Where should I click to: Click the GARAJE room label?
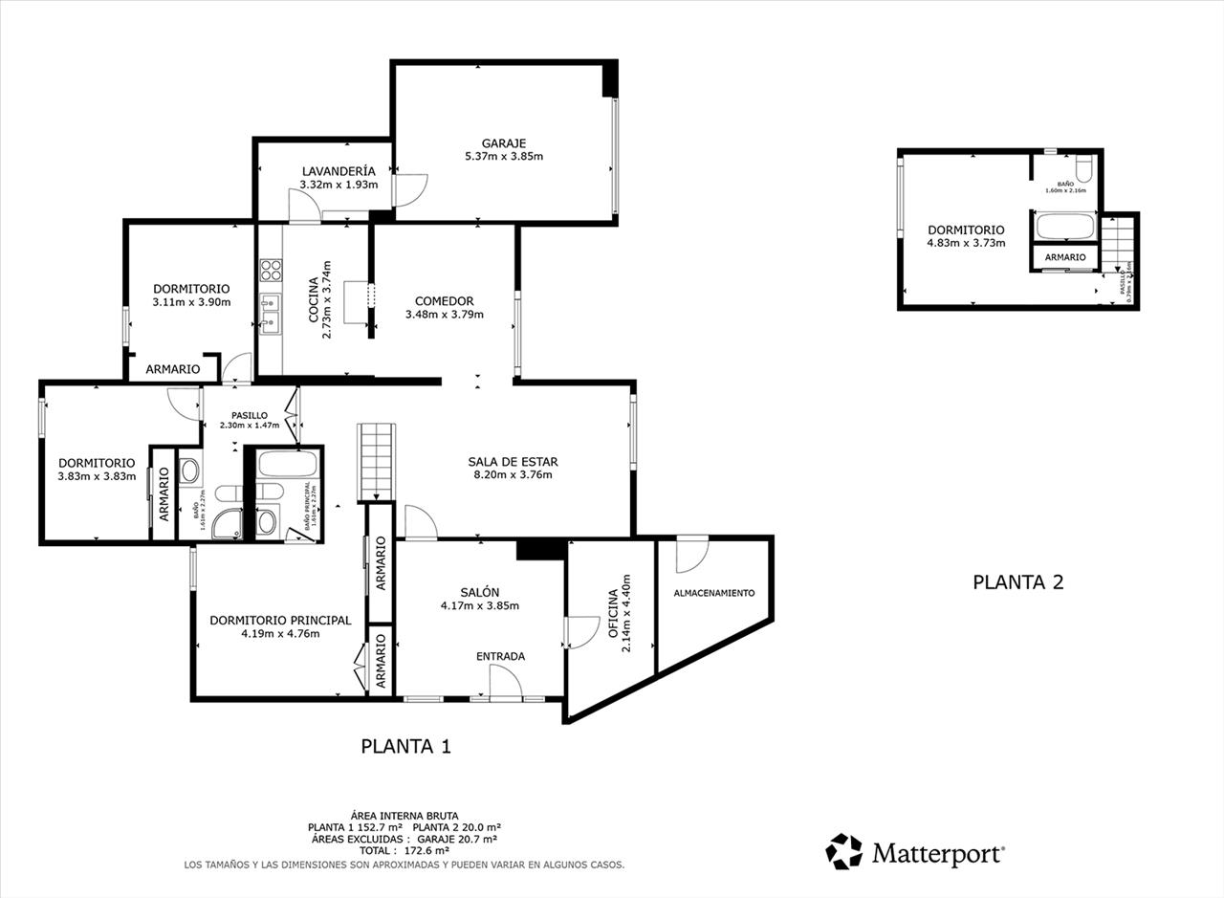pos(503,143)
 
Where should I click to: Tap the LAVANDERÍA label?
pos(339,171)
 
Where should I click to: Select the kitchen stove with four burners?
pos(271,270)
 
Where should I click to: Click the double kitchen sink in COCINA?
pos(271,315)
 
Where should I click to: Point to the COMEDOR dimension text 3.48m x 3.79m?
pos(444,315)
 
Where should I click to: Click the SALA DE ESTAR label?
pos(513,462)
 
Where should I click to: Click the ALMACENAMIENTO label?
pos(713,593)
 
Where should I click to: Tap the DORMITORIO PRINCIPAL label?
pos(280,620)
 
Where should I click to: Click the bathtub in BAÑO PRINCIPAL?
pos(287,464)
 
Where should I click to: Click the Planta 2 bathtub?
pos(1064,227)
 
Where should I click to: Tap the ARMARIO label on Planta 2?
pos(1064,258)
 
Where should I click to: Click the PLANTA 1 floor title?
pos(405,747)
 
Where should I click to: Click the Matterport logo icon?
pos(843,851)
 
